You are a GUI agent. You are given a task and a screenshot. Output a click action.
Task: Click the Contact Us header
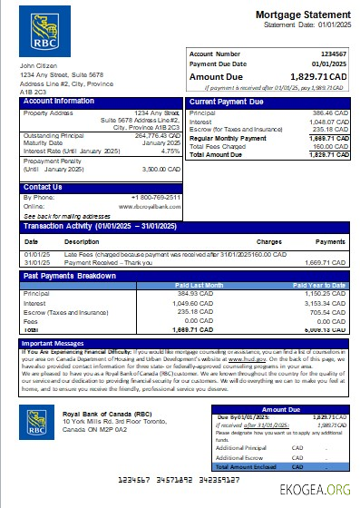(43, 187)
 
